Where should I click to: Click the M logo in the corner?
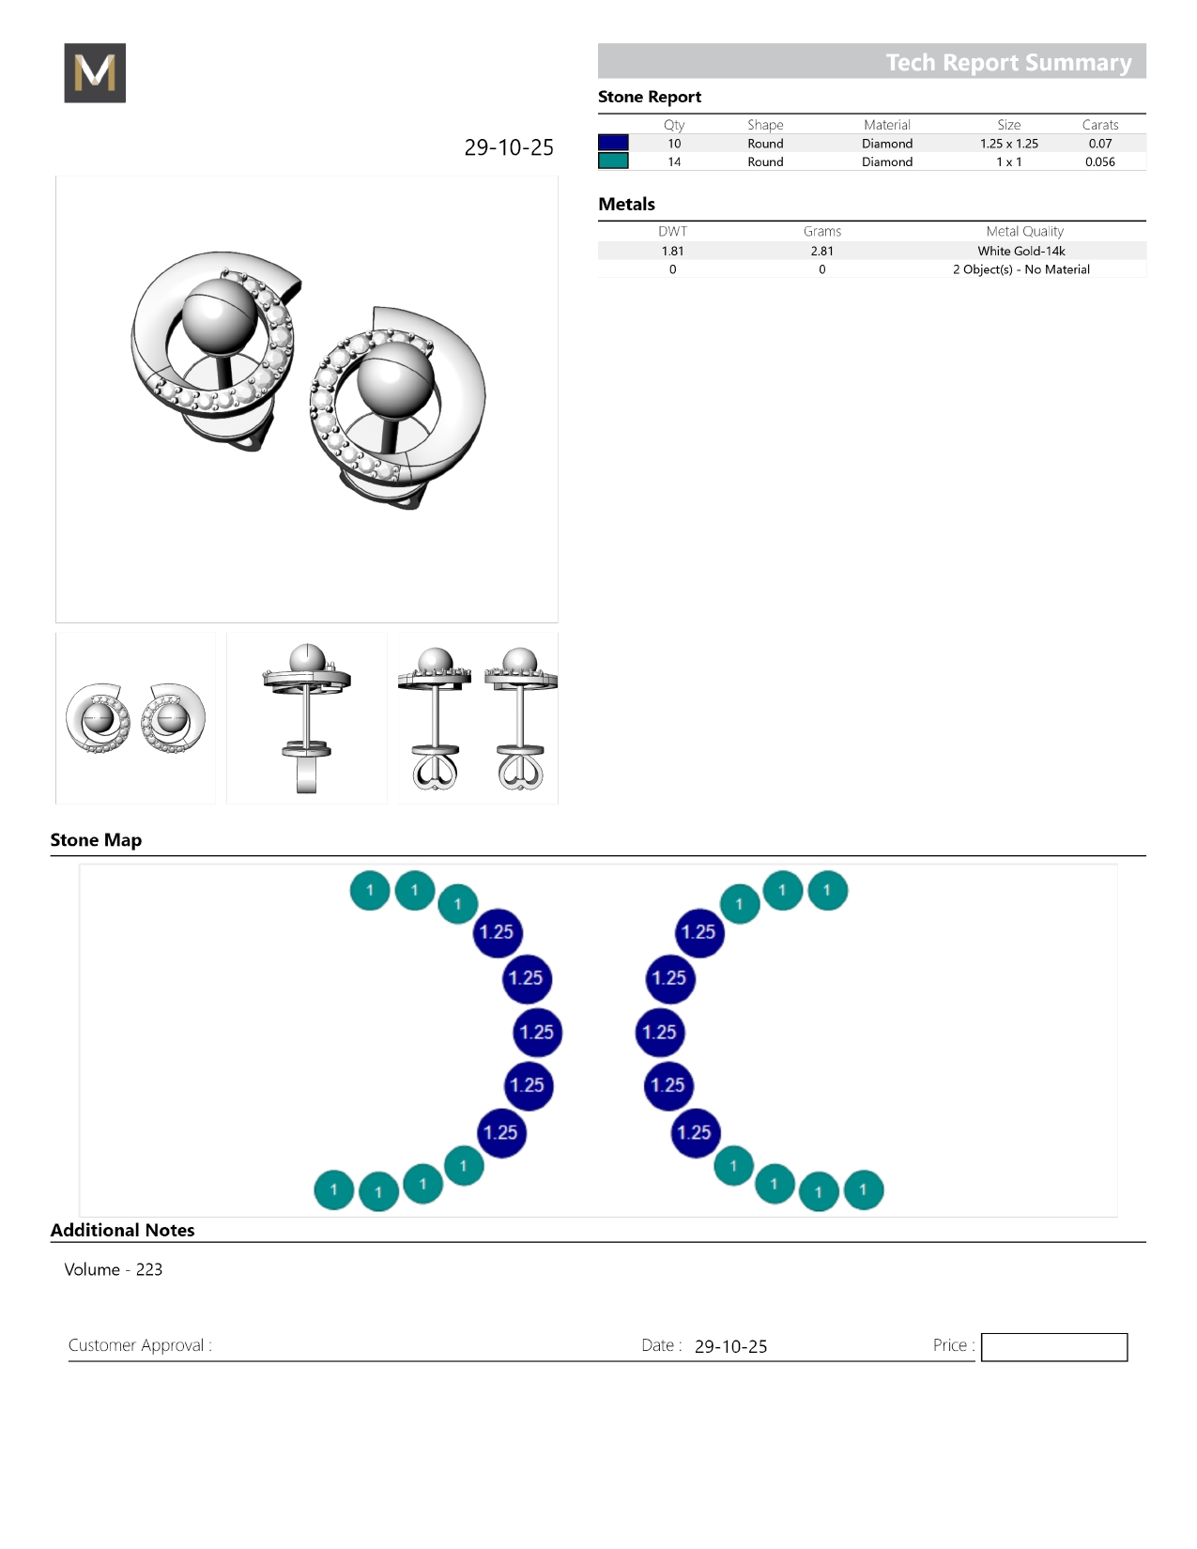pos(95,72)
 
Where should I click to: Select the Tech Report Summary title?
pos(1008,63)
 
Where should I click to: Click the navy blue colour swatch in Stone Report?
pos(613,143)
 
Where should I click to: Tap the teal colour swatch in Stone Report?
pos(613,161)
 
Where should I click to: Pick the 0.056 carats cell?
pos(1099,161)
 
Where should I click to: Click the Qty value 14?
pos(674,161)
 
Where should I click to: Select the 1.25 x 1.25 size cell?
pos(1009,144)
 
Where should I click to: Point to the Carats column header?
pos(1099,125)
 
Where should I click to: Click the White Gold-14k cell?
pos(1021,251)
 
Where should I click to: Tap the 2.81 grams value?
pos(821,251)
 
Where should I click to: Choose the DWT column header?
pos(672,231)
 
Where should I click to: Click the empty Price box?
pos(1053,1346)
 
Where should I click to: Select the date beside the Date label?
pos(730,1346)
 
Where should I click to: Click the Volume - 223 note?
pos(114,1269)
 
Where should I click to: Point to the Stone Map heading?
pos(97,839)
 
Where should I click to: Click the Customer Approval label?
pos(140,1345)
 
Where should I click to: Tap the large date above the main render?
pos(508,147)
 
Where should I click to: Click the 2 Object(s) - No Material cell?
pos(1021,269)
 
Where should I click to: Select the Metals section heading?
pos(626,204)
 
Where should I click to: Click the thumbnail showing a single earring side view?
pos(307,718)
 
